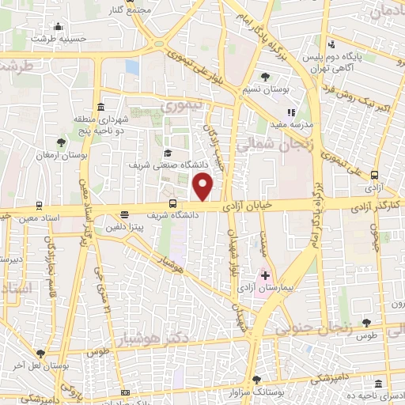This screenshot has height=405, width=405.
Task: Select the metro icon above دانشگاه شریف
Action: [x=172, y=202]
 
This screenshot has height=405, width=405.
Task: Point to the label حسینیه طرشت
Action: [x=57, y=37]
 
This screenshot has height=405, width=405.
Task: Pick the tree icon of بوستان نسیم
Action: [x=266, y=77]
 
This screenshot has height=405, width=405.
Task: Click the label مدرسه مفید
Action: [x=300, y=125]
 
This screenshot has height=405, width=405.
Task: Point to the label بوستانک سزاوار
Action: [x=266, y=391]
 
